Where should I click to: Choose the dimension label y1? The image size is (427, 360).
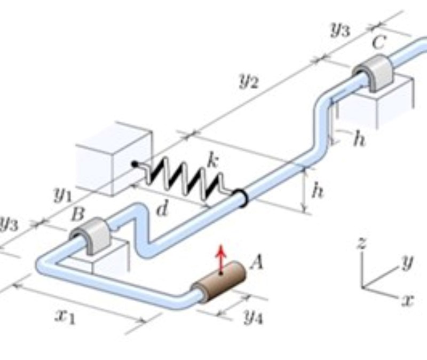coord(62,195)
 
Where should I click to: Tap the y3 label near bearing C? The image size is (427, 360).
coord(339,30)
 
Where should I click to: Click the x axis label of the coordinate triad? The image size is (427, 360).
coord(408,301)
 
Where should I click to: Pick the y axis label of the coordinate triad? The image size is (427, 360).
coord(408,262)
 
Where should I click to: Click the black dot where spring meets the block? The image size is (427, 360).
coord(136,163)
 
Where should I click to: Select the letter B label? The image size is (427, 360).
coord(78,214)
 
